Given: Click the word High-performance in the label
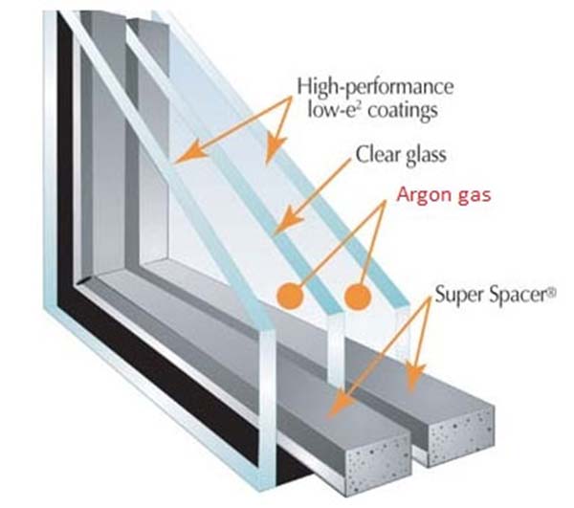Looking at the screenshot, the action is (375, 87).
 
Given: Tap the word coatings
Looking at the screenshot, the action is (403, 110).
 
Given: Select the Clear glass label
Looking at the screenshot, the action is (401, 155).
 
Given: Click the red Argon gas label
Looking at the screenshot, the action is (444, 195).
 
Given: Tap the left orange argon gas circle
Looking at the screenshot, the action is (290, 296).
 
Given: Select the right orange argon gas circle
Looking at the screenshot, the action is (358, 296).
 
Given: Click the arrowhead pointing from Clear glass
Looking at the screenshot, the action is (289, 219).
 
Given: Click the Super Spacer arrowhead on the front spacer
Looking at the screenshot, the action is (342, 403).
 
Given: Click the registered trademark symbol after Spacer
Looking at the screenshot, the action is (552, 292).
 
